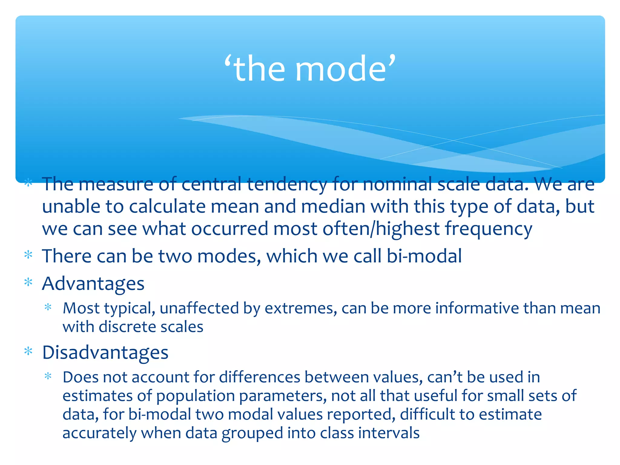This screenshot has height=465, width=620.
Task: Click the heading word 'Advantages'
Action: [93, 284]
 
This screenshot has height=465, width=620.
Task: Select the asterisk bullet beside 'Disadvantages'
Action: [28, 351]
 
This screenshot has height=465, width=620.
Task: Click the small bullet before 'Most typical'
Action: [48, 308]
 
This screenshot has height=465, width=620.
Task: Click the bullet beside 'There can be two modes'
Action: [28, 255]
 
